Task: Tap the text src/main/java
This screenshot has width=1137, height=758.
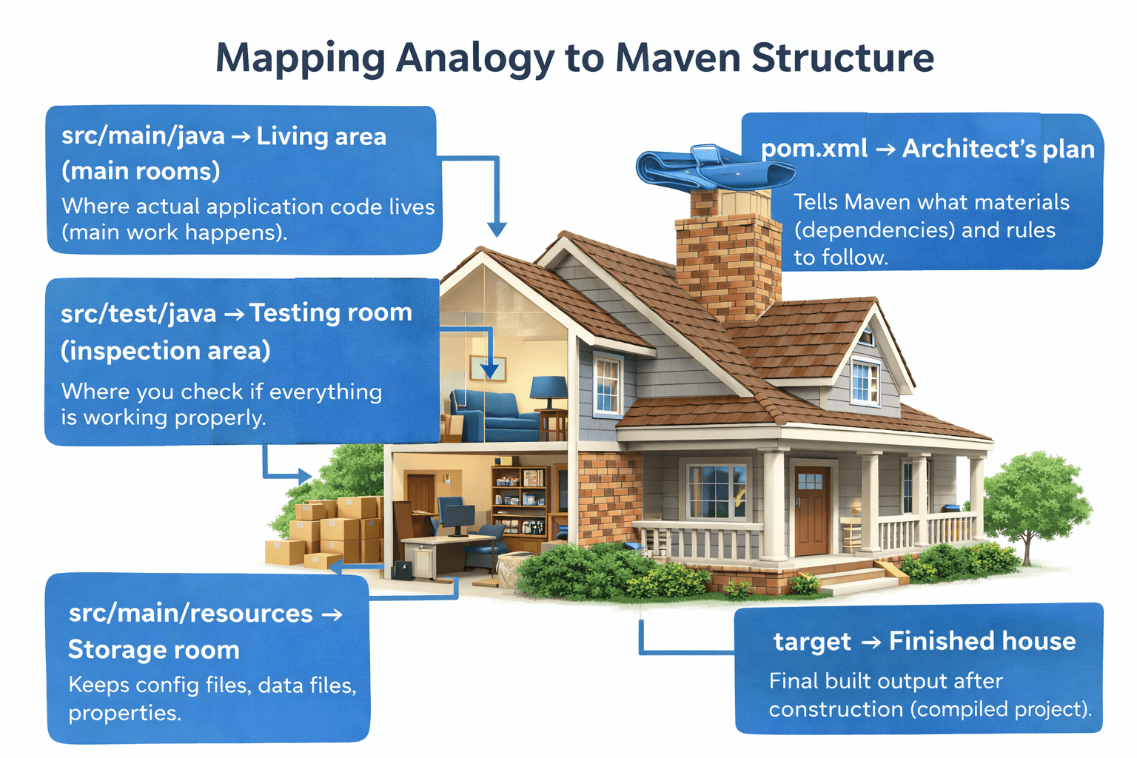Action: coord(143,136)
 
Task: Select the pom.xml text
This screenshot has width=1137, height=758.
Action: coord(814,149)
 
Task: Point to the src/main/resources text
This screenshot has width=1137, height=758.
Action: coord(190,614)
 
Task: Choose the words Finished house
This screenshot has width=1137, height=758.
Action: coord(982,641)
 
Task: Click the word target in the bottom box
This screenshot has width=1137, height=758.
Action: coord(812,642)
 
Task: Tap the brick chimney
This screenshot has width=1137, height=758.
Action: coord(728,255)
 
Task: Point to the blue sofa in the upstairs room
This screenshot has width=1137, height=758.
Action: coord(494,417)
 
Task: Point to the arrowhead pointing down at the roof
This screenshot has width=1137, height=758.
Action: coord(497,229)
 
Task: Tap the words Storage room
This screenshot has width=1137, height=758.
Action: coord(153,650)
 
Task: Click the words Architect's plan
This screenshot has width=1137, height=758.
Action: coord(998,149)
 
